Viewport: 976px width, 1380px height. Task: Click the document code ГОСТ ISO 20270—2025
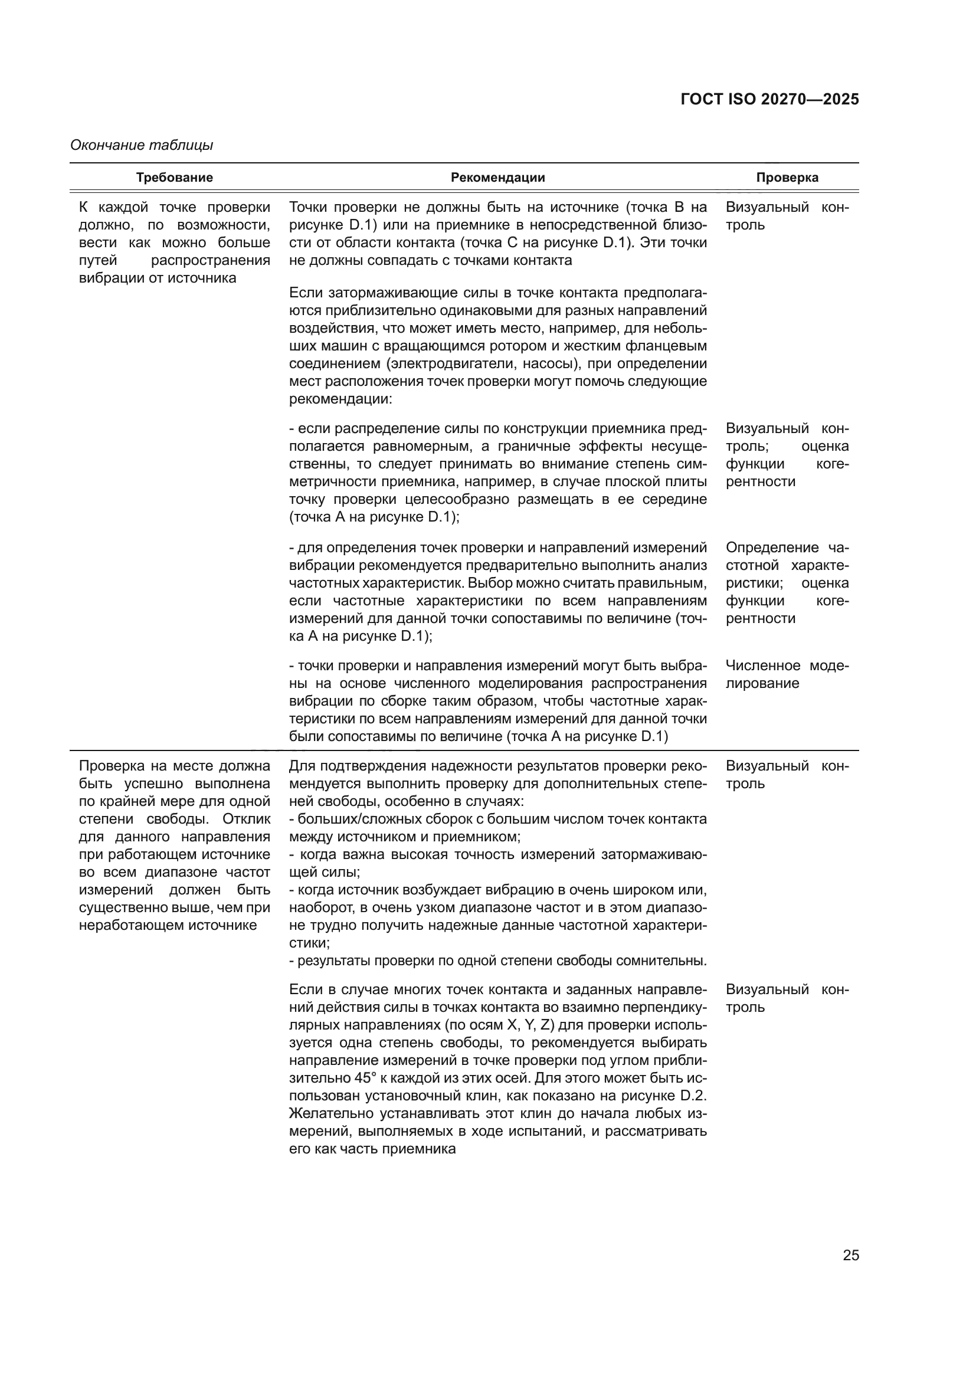770,100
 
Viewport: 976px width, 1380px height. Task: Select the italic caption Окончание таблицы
142,146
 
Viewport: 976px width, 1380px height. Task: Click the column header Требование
174,178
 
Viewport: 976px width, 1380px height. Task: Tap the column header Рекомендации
497,178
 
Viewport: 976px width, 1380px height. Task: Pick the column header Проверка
787,178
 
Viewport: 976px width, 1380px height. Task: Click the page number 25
850,1255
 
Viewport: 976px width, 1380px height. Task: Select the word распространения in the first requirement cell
210,260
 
